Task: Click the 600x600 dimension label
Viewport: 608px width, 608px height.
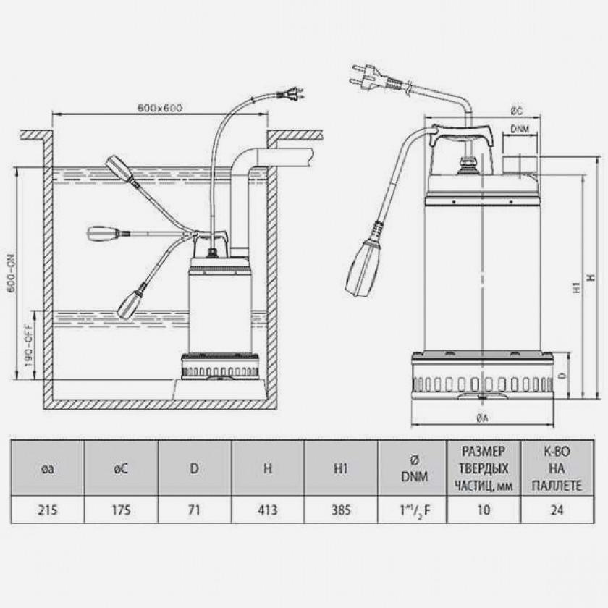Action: click(x=160, y=107)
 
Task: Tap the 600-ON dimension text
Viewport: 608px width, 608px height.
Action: click(x=12, y=274)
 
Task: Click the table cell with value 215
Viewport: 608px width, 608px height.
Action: click(x=48, y=510)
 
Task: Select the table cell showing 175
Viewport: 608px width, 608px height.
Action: click(x=121, y=510)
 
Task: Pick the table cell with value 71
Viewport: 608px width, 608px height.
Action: click(x=194, y=510)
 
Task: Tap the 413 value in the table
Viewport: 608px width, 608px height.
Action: click(x=268, y=510)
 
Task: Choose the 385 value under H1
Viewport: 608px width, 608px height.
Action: click(x=341, y=510)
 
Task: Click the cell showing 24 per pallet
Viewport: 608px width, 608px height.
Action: click(x=557, y=510)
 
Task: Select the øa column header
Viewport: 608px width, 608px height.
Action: click(x=48, y=468)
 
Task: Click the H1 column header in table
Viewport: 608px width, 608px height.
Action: click(x=341, y=468)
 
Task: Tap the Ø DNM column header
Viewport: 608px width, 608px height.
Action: click(x=414, y=468)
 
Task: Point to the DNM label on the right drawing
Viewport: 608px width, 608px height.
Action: click(x=520, y=129)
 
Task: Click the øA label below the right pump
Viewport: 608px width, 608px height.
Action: click(x=482, y=418)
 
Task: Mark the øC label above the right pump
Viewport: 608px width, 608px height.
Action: click(x=517, y=111)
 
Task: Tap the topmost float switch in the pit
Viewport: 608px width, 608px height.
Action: click(x=119, y=168)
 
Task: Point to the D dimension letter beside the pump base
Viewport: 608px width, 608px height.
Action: click(x=563, y=376)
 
